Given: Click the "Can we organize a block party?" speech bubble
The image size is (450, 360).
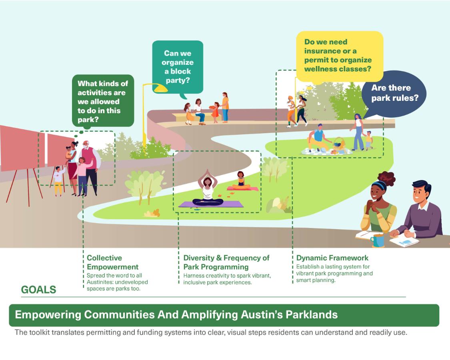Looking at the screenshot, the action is [178, 67].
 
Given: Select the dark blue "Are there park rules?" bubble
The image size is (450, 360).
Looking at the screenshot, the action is [394, 93].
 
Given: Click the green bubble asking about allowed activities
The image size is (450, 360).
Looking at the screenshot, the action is [102, 101].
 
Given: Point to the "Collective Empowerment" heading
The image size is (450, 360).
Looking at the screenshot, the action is [112, 262].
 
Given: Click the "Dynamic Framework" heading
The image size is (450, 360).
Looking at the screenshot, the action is [332, 258].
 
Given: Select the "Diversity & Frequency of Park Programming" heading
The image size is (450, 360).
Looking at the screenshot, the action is [226, 262].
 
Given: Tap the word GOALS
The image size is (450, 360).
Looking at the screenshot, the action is [38, 290].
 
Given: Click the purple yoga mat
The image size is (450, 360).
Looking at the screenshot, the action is [211, 204].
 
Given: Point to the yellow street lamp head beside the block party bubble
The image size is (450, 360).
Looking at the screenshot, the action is [160, 88].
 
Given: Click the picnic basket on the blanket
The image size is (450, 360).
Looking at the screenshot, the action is [339, 145].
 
